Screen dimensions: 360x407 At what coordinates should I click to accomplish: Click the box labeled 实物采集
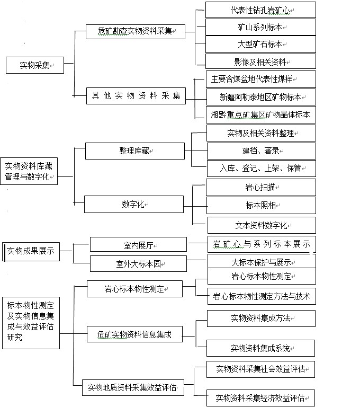coord(35,65)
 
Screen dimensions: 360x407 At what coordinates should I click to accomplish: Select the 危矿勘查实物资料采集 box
coord(136,32)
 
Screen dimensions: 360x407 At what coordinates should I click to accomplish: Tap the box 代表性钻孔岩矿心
coord(260,10)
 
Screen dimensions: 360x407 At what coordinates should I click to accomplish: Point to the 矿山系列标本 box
coord(260,27)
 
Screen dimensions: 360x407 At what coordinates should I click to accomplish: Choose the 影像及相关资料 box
coord(260,61)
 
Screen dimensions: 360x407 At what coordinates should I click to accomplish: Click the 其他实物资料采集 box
coord(136,96)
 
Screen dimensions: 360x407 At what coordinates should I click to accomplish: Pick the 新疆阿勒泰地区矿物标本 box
coord(261,97)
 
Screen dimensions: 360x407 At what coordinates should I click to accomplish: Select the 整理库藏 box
coord(135,151)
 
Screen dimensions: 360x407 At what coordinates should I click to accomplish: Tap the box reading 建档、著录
coord(262,151)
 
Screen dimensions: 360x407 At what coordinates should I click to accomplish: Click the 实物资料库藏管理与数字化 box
coord(29,171)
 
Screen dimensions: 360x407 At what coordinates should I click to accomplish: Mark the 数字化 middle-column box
coord(134,204)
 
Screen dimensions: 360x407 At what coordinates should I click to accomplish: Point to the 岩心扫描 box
coord(261,187)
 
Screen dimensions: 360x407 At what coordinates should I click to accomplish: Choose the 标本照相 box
coord(261,205)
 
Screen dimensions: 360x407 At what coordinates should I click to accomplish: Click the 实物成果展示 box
coord(31,252)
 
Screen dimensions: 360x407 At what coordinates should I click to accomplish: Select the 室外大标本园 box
coord(138,264)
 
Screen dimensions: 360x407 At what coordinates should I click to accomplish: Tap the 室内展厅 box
coord(138,244)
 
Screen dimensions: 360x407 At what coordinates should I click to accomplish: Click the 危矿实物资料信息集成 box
coord(134,334)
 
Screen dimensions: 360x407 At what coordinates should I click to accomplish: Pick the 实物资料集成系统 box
coord(260,348)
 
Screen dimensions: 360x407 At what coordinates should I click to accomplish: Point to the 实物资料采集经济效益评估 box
coord(260,398)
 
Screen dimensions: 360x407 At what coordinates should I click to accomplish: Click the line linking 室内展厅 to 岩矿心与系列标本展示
coord(198,243)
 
